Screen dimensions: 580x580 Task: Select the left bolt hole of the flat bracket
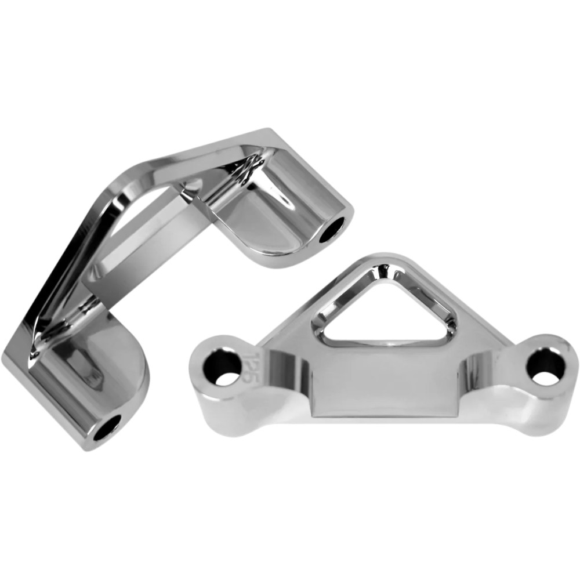[224, 366]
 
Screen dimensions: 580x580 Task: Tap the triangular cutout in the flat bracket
[386, 313]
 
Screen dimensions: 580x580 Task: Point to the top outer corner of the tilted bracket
[268, 132]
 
